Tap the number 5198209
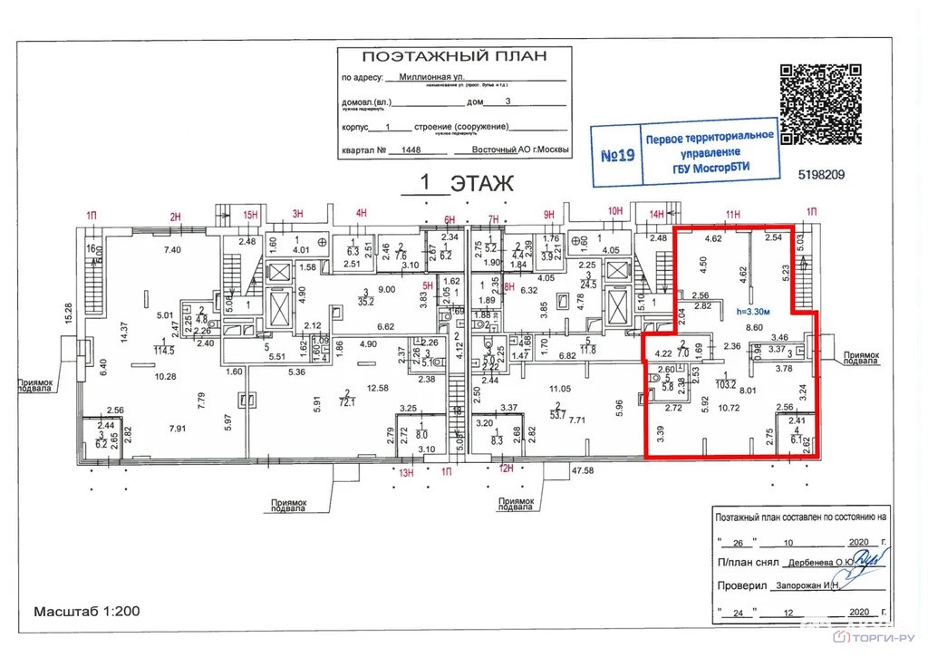(821, 175)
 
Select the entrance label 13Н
(407, 472)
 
